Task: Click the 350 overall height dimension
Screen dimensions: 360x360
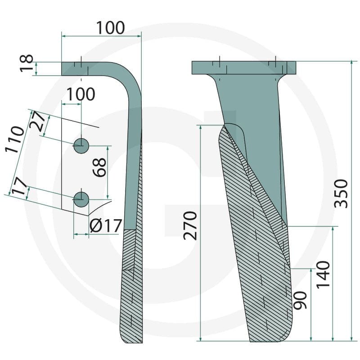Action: point(342,194)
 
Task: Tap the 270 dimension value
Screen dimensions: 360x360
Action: point(190,226)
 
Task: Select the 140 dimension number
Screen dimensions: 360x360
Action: point(323,274)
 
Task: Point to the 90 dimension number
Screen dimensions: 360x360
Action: point(300,300)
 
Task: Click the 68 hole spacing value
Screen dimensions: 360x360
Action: point(99,167)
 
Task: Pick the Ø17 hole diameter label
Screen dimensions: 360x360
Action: point(106,226)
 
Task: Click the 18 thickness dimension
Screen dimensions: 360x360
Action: point(27,63)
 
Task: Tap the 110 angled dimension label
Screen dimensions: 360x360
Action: point(15,139)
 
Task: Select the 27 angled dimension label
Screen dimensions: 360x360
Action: point(37,121)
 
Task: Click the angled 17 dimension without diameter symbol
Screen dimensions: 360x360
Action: point(19,186)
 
